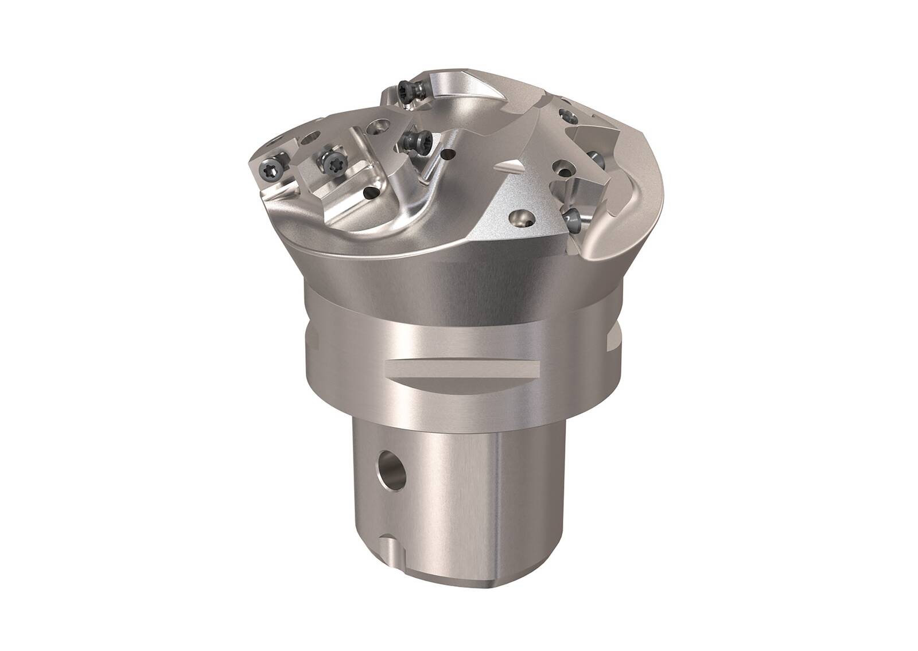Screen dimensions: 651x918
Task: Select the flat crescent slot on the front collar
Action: click(x=462, y=371)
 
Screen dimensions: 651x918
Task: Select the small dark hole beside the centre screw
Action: click(x=448, y=154)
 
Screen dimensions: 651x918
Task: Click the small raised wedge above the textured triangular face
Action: click(x=507, y=167)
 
